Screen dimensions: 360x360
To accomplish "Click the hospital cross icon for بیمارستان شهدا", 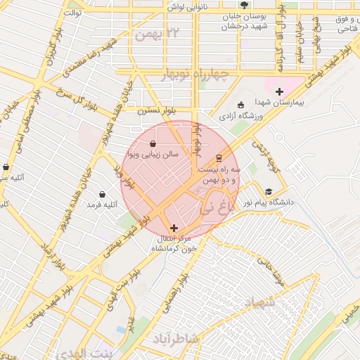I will [279, 91].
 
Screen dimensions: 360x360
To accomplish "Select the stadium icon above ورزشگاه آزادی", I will [241, 105].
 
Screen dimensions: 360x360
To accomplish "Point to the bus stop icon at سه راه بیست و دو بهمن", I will [219, 157].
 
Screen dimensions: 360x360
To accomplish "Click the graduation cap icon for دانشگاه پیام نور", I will [268, 191].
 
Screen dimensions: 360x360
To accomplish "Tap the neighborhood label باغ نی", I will [215, 207].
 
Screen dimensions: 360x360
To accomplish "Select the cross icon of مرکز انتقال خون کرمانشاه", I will [174, 228].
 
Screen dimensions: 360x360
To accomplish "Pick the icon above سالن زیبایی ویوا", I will [153, 143].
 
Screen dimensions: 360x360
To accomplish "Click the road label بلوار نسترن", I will [155, 110].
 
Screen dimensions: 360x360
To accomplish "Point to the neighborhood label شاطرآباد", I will [177, 339].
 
